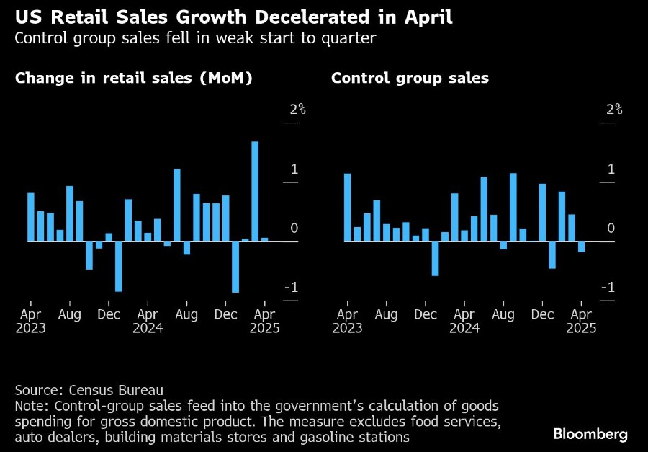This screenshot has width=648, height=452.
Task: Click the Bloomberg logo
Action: click(x=590, y=434)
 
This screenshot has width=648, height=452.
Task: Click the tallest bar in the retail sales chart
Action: click(x=255, y=191)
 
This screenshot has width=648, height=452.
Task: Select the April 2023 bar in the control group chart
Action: click(x=348, y=208)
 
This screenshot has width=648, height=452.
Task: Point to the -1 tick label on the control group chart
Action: click(x=608, y=288)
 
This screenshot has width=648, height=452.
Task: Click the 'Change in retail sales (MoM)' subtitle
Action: click(x=133, y=78)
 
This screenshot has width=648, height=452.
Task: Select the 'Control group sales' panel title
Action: click(x=410, y=78)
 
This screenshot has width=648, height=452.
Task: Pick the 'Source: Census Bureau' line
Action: click(x=89, y=390)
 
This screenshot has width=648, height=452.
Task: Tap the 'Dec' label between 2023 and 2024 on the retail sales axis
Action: click(x=109, y=314)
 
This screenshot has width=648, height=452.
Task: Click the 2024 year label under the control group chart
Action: click(x=464, y=328)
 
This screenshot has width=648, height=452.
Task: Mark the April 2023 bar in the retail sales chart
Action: click(x=31, y=217)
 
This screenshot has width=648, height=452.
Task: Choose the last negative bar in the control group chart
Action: click(x=581, y=247)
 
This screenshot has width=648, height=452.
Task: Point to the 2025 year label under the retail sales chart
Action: click(x=264, y=328)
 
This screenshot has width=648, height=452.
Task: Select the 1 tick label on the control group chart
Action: click(x=611, y=169)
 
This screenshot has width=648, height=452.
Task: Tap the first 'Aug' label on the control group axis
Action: click(x=387, y=314)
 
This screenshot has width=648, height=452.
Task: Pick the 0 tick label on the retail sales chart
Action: click(x=294, y=229)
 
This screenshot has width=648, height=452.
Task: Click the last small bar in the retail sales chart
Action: click(x=264, y=239)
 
